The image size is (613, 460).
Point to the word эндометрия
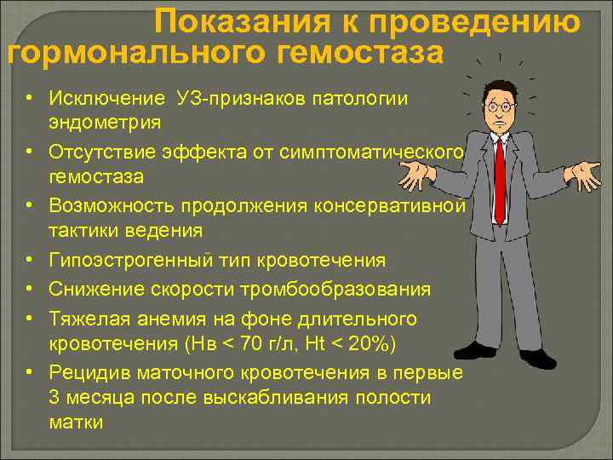click(105, 123)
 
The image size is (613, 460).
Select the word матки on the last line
click(76, 422)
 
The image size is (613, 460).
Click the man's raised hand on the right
click(585, 176)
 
